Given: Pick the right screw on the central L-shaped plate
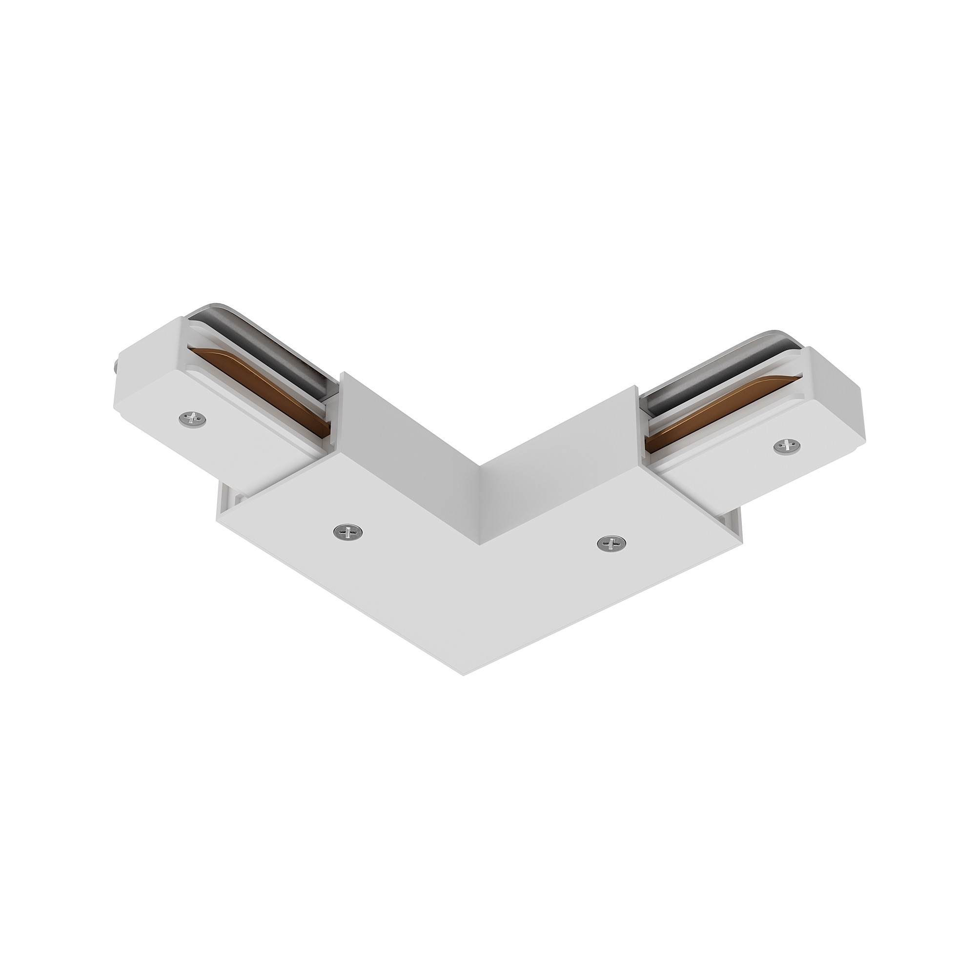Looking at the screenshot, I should [611, 543].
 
